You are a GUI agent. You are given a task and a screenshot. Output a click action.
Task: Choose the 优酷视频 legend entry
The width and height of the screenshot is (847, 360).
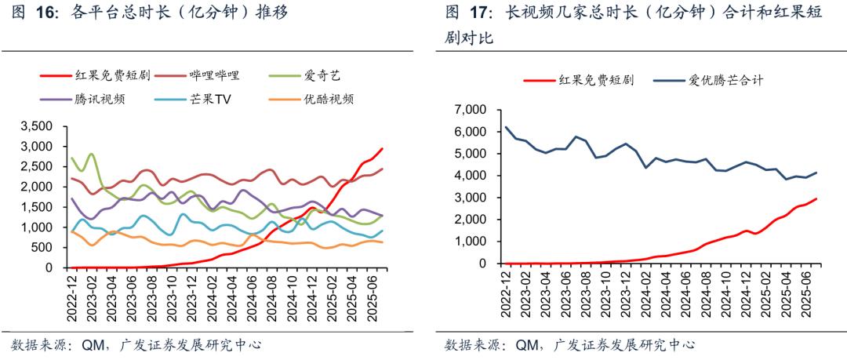pos(327,99)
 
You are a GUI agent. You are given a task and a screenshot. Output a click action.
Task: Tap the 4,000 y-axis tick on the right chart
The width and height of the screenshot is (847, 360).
pos(469,176)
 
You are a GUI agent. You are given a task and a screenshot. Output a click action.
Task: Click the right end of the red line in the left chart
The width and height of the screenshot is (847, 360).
pos(382,148)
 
